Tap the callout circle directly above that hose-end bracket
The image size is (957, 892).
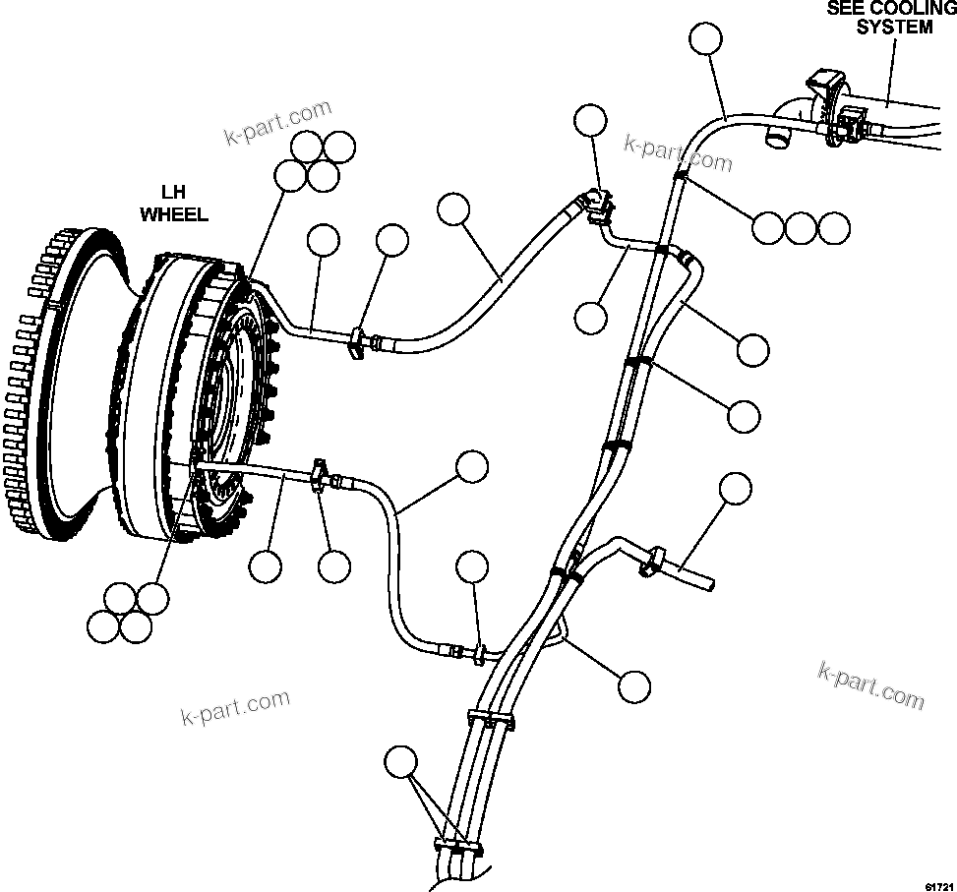(591, 121)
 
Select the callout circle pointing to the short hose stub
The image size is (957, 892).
(735, 489)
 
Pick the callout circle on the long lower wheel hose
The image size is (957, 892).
(472, 466)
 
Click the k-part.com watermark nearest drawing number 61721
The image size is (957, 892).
(870, 684)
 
